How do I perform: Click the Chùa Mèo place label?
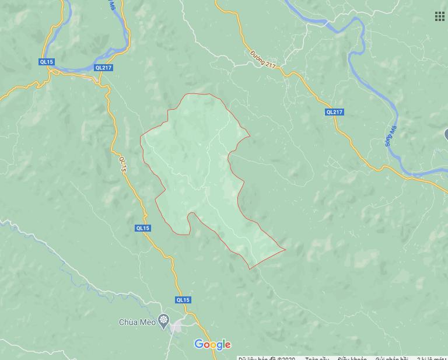click(x=137, y=322)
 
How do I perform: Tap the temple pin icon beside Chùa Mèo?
click(x=163, y=320)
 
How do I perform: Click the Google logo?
click(x=212, y=344)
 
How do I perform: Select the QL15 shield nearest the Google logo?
click(x=183, y=300)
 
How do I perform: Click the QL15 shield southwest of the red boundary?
click(x=143, y=228)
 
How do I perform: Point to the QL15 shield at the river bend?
click(x=46, y=61)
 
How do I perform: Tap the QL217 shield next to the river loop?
click(x=103, y=68)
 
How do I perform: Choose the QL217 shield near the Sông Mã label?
click(x=334, y=112)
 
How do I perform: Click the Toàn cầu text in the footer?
click(x=317, y=357)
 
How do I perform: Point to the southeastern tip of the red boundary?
click(x=285, y=250)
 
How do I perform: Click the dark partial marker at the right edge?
click(x=445, y=135)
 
